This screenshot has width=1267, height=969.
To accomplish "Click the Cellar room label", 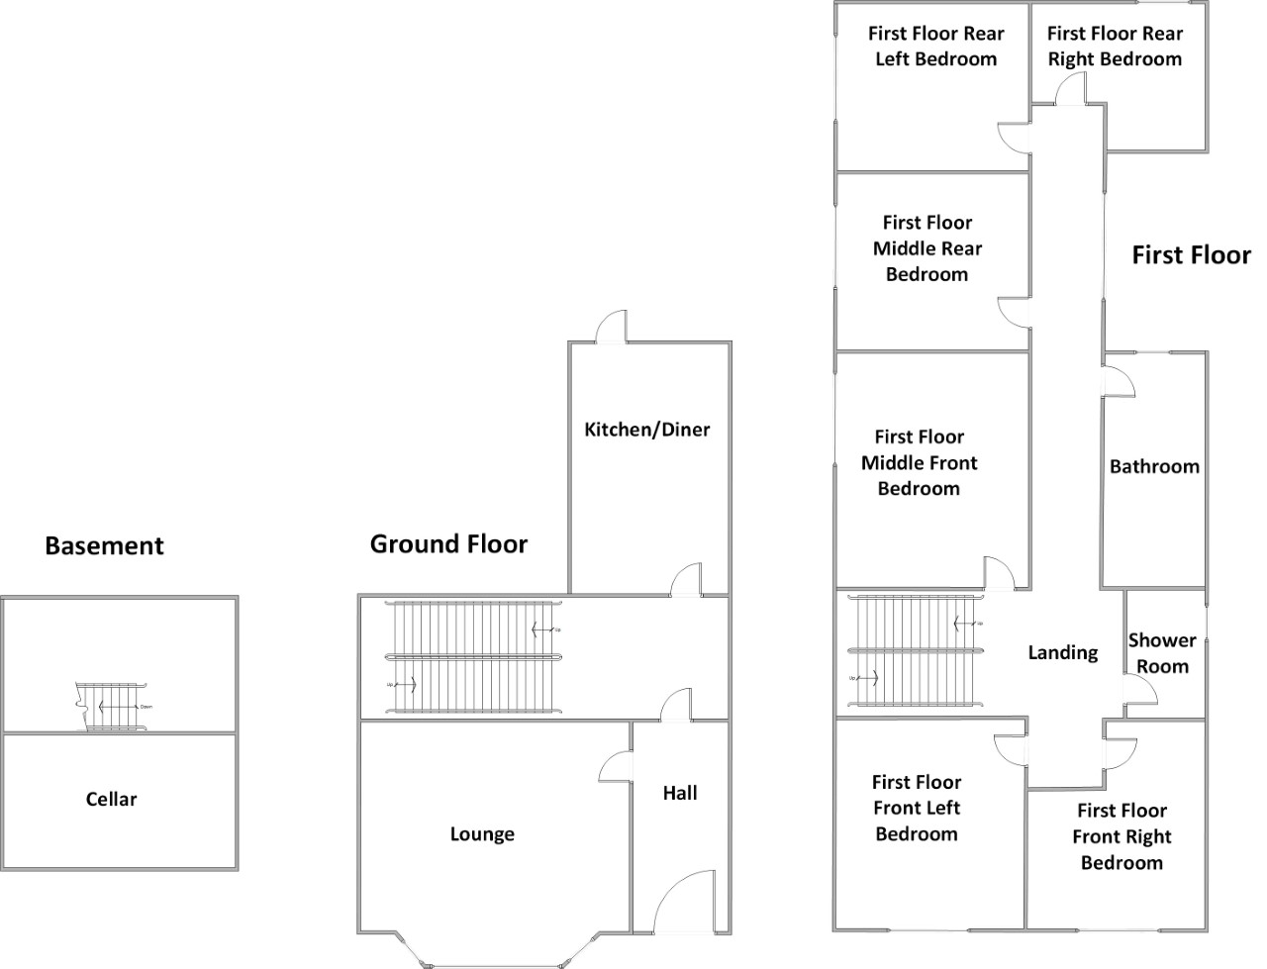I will pyautogui.click(x=111, y=800).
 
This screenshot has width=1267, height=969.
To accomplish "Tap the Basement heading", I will pyautogui.click(x=104, y=545).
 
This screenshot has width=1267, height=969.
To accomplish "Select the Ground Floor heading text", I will pyautogui.click(x=448, y=543).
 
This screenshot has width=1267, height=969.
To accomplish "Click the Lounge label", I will pyautogui.click(x=482, y=834).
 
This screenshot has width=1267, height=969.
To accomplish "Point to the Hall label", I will pyautogui.click(x=680, y=793).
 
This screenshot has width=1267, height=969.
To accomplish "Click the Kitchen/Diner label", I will pyautogui.click(x=647, y=430).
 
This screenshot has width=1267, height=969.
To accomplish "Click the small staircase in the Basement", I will pyautogui.click(x=112, y=707).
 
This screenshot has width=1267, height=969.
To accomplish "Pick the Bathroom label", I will pyautogui.click(x=1154, y=466).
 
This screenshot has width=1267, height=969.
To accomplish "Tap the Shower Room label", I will pyautogui.click(x=1162, y=653).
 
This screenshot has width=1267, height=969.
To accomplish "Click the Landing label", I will pyautogui.click(x=1063, y=652).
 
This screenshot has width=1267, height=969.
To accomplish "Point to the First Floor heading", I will pyautogui.click(x=1191, y=255).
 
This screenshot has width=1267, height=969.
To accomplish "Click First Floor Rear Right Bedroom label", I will pyautogui.click(x=1115, y=47).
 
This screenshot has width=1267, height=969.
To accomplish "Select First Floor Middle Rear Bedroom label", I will pyautogui.click(x=927, y=248).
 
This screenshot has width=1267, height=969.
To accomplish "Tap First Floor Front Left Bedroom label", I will pyautogui.click(x=917, y=808).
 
